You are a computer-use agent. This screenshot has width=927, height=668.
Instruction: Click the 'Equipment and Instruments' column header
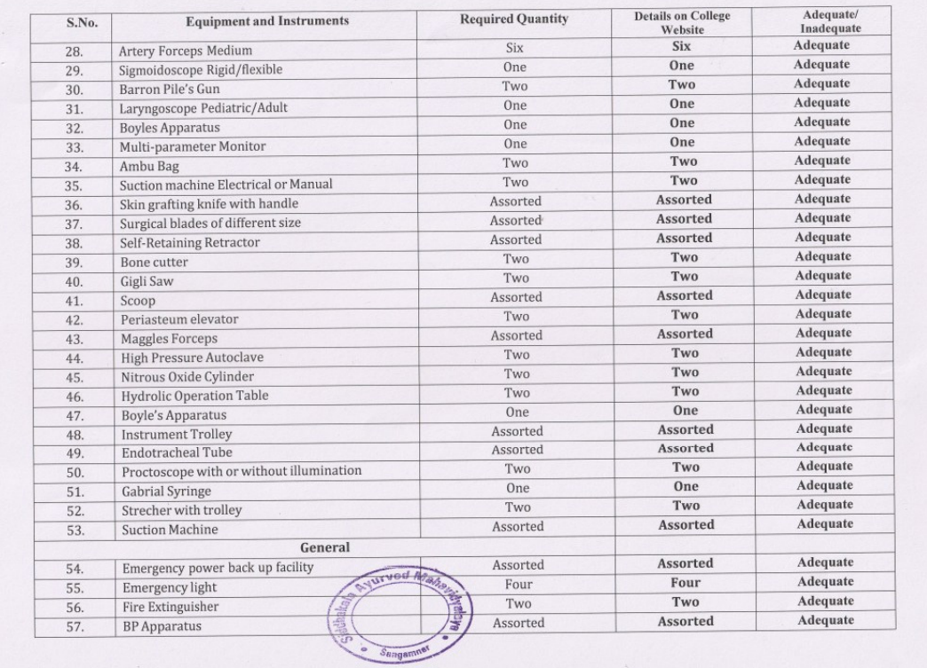point(267,20)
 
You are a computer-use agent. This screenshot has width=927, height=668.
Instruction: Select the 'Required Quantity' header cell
point(514,19)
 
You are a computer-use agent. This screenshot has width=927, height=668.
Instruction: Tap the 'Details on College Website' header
point(682,23)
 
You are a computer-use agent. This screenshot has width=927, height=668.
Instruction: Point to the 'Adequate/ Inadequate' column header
point(823,22)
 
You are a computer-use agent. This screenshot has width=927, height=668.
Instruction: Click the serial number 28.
point(75,51)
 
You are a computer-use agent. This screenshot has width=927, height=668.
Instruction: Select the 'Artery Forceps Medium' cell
point(186,51)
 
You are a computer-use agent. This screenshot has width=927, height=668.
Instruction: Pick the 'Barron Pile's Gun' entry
point(170,89)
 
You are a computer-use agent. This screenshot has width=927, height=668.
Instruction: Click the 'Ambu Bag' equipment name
point(149,166)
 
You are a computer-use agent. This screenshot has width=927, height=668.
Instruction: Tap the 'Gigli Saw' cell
point(147,281)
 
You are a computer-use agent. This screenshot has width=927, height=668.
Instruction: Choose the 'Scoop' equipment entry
point(138,301)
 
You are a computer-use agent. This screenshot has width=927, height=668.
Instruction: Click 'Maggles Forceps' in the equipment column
point(169,338)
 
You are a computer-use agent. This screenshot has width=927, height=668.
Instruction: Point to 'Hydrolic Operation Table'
point(194,396)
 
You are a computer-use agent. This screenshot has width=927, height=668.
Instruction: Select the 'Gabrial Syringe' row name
point(166,491)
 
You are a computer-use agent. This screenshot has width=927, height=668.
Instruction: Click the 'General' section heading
point(324,547)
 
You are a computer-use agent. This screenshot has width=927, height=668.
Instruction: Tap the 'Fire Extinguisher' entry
point(170,607)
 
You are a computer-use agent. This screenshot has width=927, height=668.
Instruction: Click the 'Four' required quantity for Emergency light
point(519,584)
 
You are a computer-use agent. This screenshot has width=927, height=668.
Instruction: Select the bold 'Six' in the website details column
point(681,46)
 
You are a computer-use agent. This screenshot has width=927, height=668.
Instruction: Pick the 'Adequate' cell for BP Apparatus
point(825,620)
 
